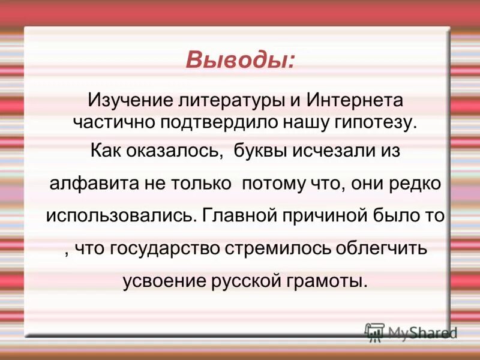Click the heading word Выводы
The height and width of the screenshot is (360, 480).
pyautogui.click(x=239, y=60)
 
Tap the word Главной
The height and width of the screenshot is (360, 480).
pyautogui.click(x=235, y=215)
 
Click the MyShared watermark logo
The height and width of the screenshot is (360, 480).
pyautogui.click(x=411, y=333)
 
